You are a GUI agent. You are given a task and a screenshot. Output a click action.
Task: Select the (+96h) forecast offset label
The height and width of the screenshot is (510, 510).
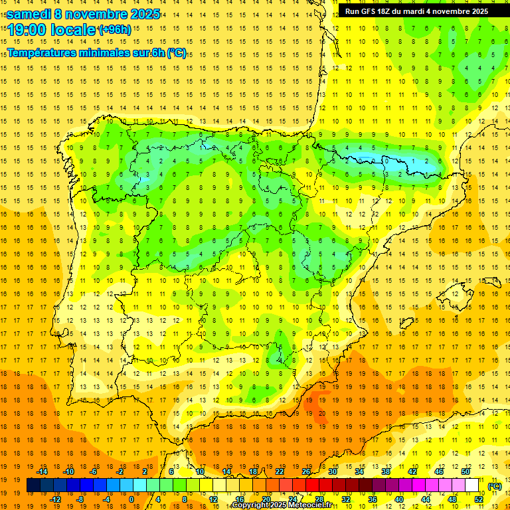point(114,30)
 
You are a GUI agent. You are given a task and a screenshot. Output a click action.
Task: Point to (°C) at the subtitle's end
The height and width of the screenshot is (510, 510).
point(177,53)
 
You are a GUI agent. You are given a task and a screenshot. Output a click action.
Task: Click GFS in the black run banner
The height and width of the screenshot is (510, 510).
point(368,11)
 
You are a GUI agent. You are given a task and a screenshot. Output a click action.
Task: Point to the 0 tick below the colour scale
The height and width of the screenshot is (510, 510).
point(131,499)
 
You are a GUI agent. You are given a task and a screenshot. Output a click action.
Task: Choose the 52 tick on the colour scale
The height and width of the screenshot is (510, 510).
point(479,499)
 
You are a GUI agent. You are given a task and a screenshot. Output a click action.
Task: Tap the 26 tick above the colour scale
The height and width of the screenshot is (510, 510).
point(307,471)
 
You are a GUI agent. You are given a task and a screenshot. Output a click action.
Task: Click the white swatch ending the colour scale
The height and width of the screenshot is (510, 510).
point(472,485)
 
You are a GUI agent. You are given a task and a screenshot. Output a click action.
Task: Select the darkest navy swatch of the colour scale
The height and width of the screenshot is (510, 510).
point(33,485)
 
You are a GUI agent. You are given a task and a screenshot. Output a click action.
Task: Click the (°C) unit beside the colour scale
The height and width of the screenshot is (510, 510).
point(494,486)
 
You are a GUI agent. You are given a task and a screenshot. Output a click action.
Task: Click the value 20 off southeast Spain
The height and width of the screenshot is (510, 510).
point(322,413)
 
